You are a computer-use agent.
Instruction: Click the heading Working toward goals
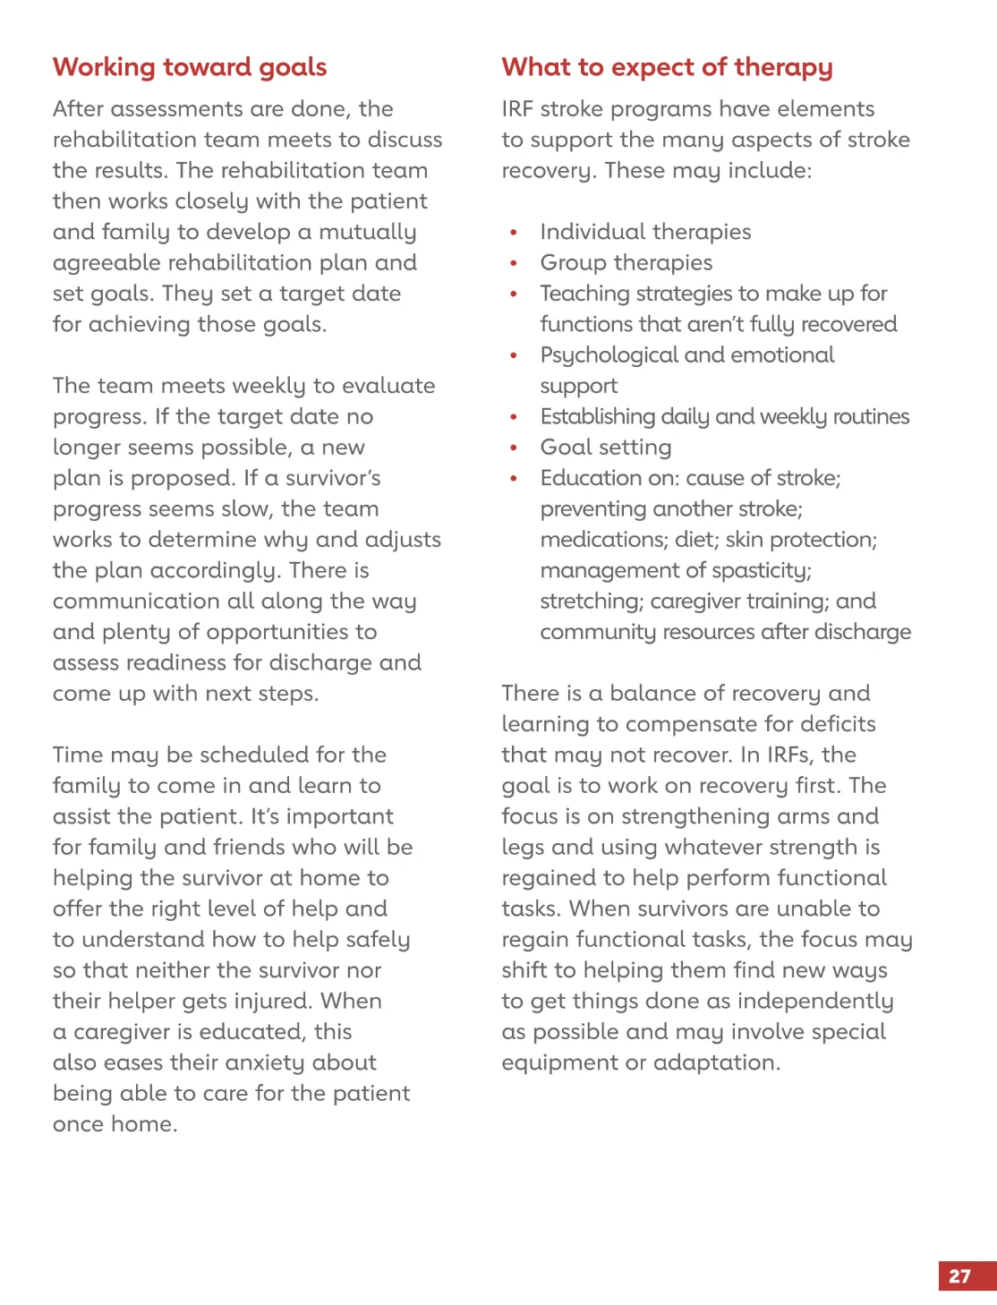click(190, 67)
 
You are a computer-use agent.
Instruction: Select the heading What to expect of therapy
click(667, 67)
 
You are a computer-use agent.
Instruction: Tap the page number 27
click(960, 1276)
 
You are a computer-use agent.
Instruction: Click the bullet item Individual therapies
click(645, 232)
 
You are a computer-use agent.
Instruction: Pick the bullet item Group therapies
click(626, 263)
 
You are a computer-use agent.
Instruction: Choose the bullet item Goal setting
click(606, 448)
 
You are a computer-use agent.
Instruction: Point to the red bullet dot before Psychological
click(514, 356)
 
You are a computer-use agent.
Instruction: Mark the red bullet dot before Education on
click(514, 479)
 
